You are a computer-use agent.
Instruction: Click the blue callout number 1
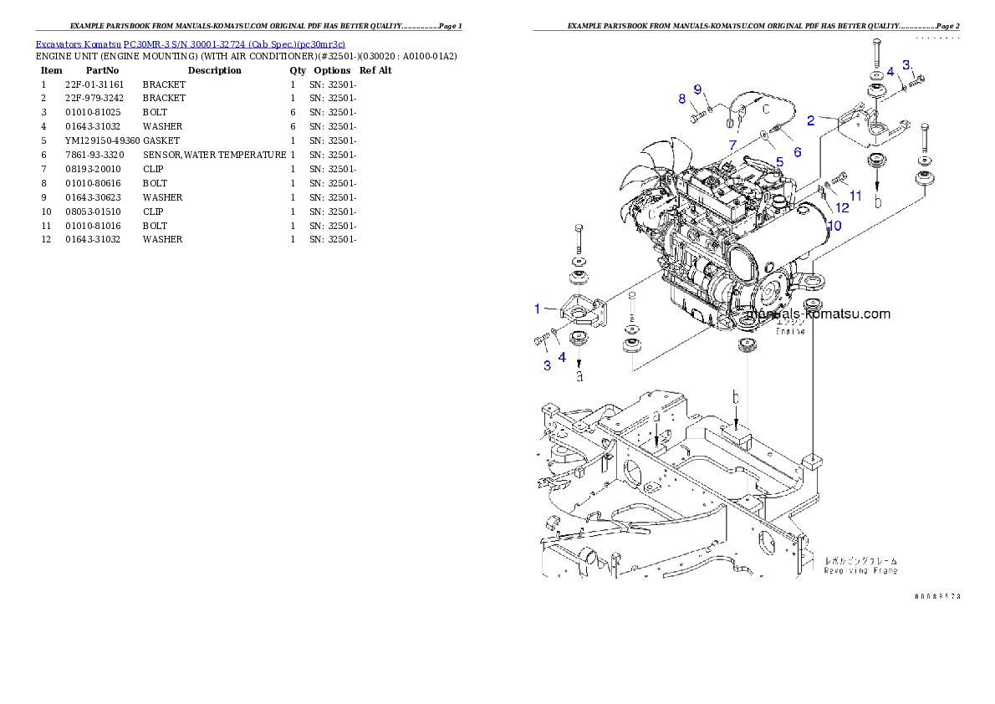pos(538,309)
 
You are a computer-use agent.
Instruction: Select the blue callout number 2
pos(810,120)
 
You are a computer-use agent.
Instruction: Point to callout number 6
pos(797,152)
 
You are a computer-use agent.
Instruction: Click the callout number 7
pos(732,145)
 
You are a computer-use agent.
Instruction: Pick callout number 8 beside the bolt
pos(681,99)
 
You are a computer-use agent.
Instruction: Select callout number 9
pos(696,90)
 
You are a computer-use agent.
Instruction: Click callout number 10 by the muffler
pos(834,226)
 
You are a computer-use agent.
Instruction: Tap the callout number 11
pos(855,196)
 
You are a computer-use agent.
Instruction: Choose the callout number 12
pos(842,207)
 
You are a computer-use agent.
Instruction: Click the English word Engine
pos(790,331)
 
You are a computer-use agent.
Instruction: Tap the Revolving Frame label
pos(861,570)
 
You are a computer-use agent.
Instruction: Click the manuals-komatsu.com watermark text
pos(818,314)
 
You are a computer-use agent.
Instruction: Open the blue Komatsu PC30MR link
pos(190,43)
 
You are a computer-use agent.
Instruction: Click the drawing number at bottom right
pos(937,596)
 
